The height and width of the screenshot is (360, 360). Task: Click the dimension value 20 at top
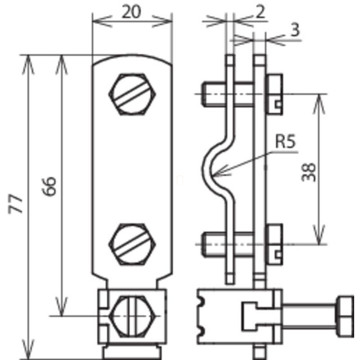131,12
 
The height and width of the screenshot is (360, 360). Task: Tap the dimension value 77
15,204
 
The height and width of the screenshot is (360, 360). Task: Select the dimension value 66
49,186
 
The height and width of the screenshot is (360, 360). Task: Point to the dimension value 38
308,172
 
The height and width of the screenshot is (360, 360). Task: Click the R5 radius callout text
285,142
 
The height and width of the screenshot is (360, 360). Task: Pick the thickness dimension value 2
260,12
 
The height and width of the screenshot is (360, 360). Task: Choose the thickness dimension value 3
295,30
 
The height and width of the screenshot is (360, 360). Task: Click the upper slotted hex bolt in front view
132,94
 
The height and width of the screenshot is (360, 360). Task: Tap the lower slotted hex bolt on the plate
132,244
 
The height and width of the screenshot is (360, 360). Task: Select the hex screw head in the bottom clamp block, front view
132,316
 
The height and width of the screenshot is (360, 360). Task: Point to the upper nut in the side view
274,94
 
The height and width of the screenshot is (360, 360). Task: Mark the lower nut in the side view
274,244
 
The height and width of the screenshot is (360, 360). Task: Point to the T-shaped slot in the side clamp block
257,317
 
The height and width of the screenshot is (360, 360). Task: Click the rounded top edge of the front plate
132,58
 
